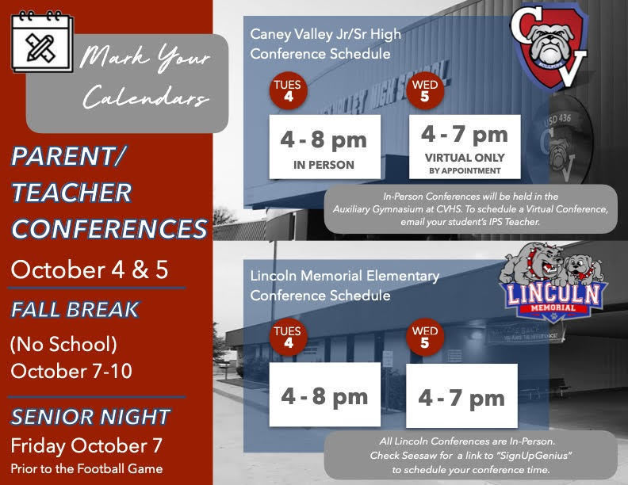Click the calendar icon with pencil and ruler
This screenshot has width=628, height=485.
pyautogui.click(x=41, y=40)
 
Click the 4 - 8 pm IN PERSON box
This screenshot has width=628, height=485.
pyautogui.click(x=324, y=147)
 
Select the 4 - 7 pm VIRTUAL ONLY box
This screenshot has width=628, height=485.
pyautogui.click(x=464, y=147)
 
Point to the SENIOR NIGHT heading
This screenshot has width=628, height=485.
pyautogui.click(x=90, y=416)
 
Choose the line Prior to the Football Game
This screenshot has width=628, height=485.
pyautogui.click(x=86, y=468)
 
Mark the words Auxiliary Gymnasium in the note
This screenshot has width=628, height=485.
pyautogui.click(x=381, y=208)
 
